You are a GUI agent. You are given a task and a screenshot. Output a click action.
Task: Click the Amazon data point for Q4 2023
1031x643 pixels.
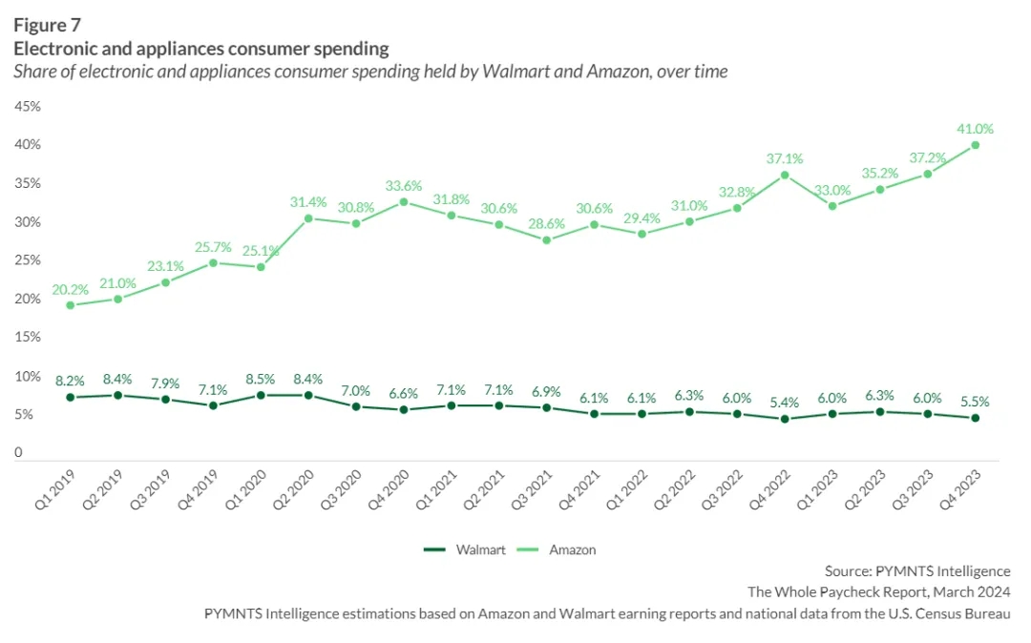(975, 145)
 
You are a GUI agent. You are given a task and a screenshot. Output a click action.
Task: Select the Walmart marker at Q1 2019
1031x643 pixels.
(70, 397)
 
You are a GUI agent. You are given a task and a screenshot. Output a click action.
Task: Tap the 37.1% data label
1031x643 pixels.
(784, 159)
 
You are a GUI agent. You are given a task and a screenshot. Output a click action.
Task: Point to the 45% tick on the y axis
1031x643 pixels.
(27, 106)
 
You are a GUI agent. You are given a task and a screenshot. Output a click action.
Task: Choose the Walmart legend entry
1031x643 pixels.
(465, 550)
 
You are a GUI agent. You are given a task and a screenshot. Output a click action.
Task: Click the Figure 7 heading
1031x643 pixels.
(47, 25)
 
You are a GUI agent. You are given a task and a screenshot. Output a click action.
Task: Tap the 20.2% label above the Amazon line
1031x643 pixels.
(70, 288)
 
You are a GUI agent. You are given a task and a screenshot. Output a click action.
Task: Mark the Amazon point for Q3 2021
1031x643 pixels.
(546, 240)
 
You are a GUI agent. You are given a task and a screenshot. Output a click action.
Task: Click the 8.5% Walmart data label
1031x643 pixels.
(260, 379)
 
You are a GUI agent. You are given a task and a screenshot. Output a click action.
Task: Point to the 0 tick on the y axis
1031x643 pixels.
(18, 453)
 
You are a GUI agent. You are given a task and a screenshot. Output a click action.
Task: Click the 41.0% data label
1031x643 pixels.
(975, 129)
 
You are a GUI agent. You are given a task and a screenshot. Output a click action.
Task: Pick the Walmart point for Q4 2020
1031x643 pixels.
(403, 409)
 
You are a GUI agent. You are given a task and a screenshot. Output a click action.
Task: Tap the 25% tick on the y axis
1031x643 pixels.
(27, 260)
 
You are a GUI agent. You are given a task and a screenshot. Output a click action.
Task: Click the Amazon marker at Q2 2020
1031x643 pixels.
(307, 218)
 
